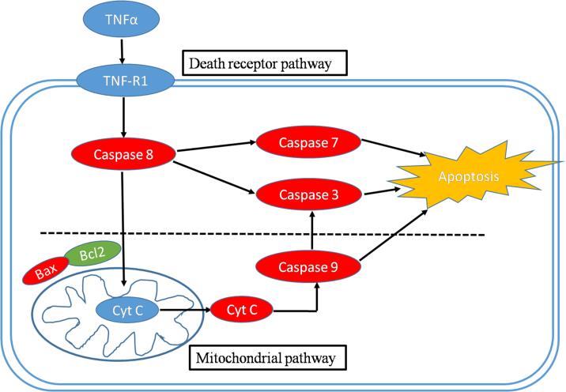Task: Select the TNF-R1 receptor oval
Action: coord(119,79)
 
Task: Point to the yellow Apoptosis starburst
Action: coord(470,176)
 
